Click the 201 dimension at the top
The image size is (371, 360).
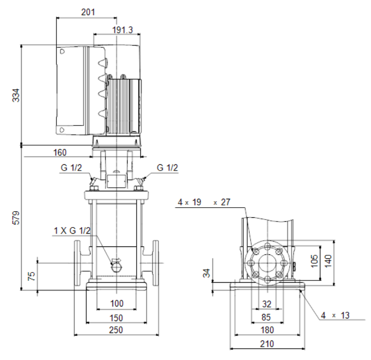click(88, 12)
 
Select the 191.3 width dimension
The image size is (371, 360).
click(122, 30)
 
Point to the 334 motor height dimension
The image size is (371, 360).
click(16, 95)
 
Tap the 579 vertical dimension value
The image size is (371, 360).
click(16, 218)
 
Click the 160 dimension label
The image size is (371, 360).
click(60, 152)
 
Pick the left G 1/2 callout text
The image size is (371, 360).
click(71, 167)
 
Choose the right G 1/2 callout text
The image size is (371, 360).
click(167, 167)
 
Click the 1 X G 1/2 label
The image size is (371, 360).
click(72, 231)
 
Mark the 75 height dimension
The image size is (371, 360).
click(31, 276)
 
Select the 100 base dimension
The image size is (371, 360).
click(117, 303)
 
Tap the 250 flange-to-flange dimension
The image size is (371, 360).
click(116, 330)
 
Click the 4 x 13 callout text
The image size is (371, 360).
click(335, 315)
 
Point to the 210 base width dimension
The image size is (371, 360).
click(267, 344)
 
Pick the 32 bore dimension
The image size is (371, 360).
click(267, 304)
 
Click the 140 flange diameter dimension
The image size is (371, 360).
click(328, 261)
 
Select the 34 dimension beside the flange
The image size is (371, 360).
click(207, 273)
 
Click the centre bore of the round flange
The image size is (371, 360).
click(267, 263)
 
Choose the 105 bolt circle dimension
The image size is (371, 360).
click(314, 261)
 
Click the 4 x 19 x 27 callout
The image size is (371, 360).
click(204, 202)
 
